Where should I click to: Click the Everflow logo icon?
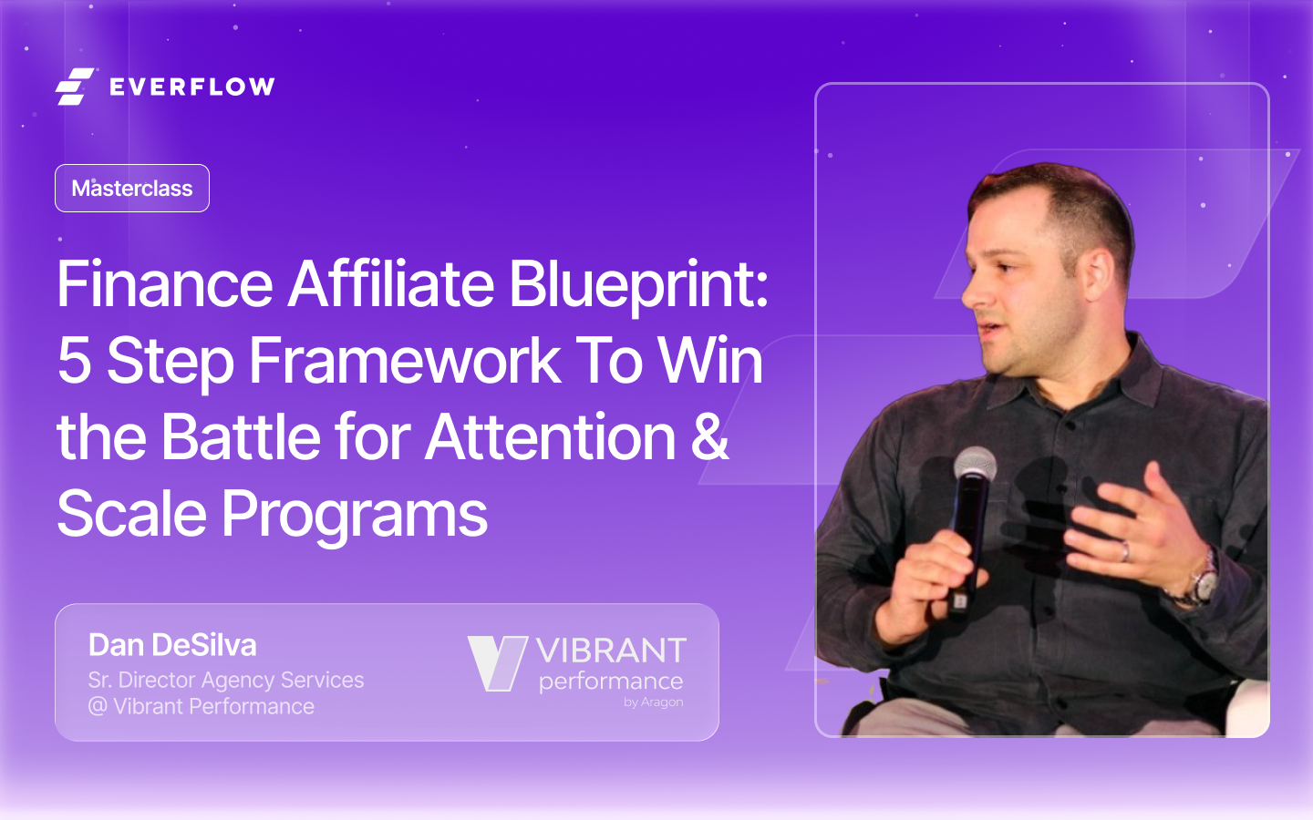tap(75, 87)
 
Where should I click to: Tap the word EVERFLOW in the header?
tap(191, 87)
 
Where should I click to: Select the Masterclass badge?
tap(132, 189)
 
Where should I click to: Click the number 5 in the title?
tap(74, 361)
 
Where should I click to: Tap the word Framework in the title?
tap(404, 361)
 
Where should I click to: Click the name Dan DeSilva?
tap(172, 645)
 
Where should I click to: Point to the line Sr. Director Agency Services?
tap(225, 680)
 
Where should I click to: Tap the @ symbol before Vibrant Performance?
tap(98, 706)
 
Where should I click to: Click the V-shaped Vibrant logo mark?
tap(497, 662)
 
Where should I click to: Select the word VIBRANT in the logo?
tap(611, 651)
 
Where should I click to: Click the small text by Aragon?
tap(653, 702)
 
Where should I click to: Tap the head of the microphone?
tap(975, 466)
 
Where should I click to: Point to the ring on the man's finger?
tap(1125, 550)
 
